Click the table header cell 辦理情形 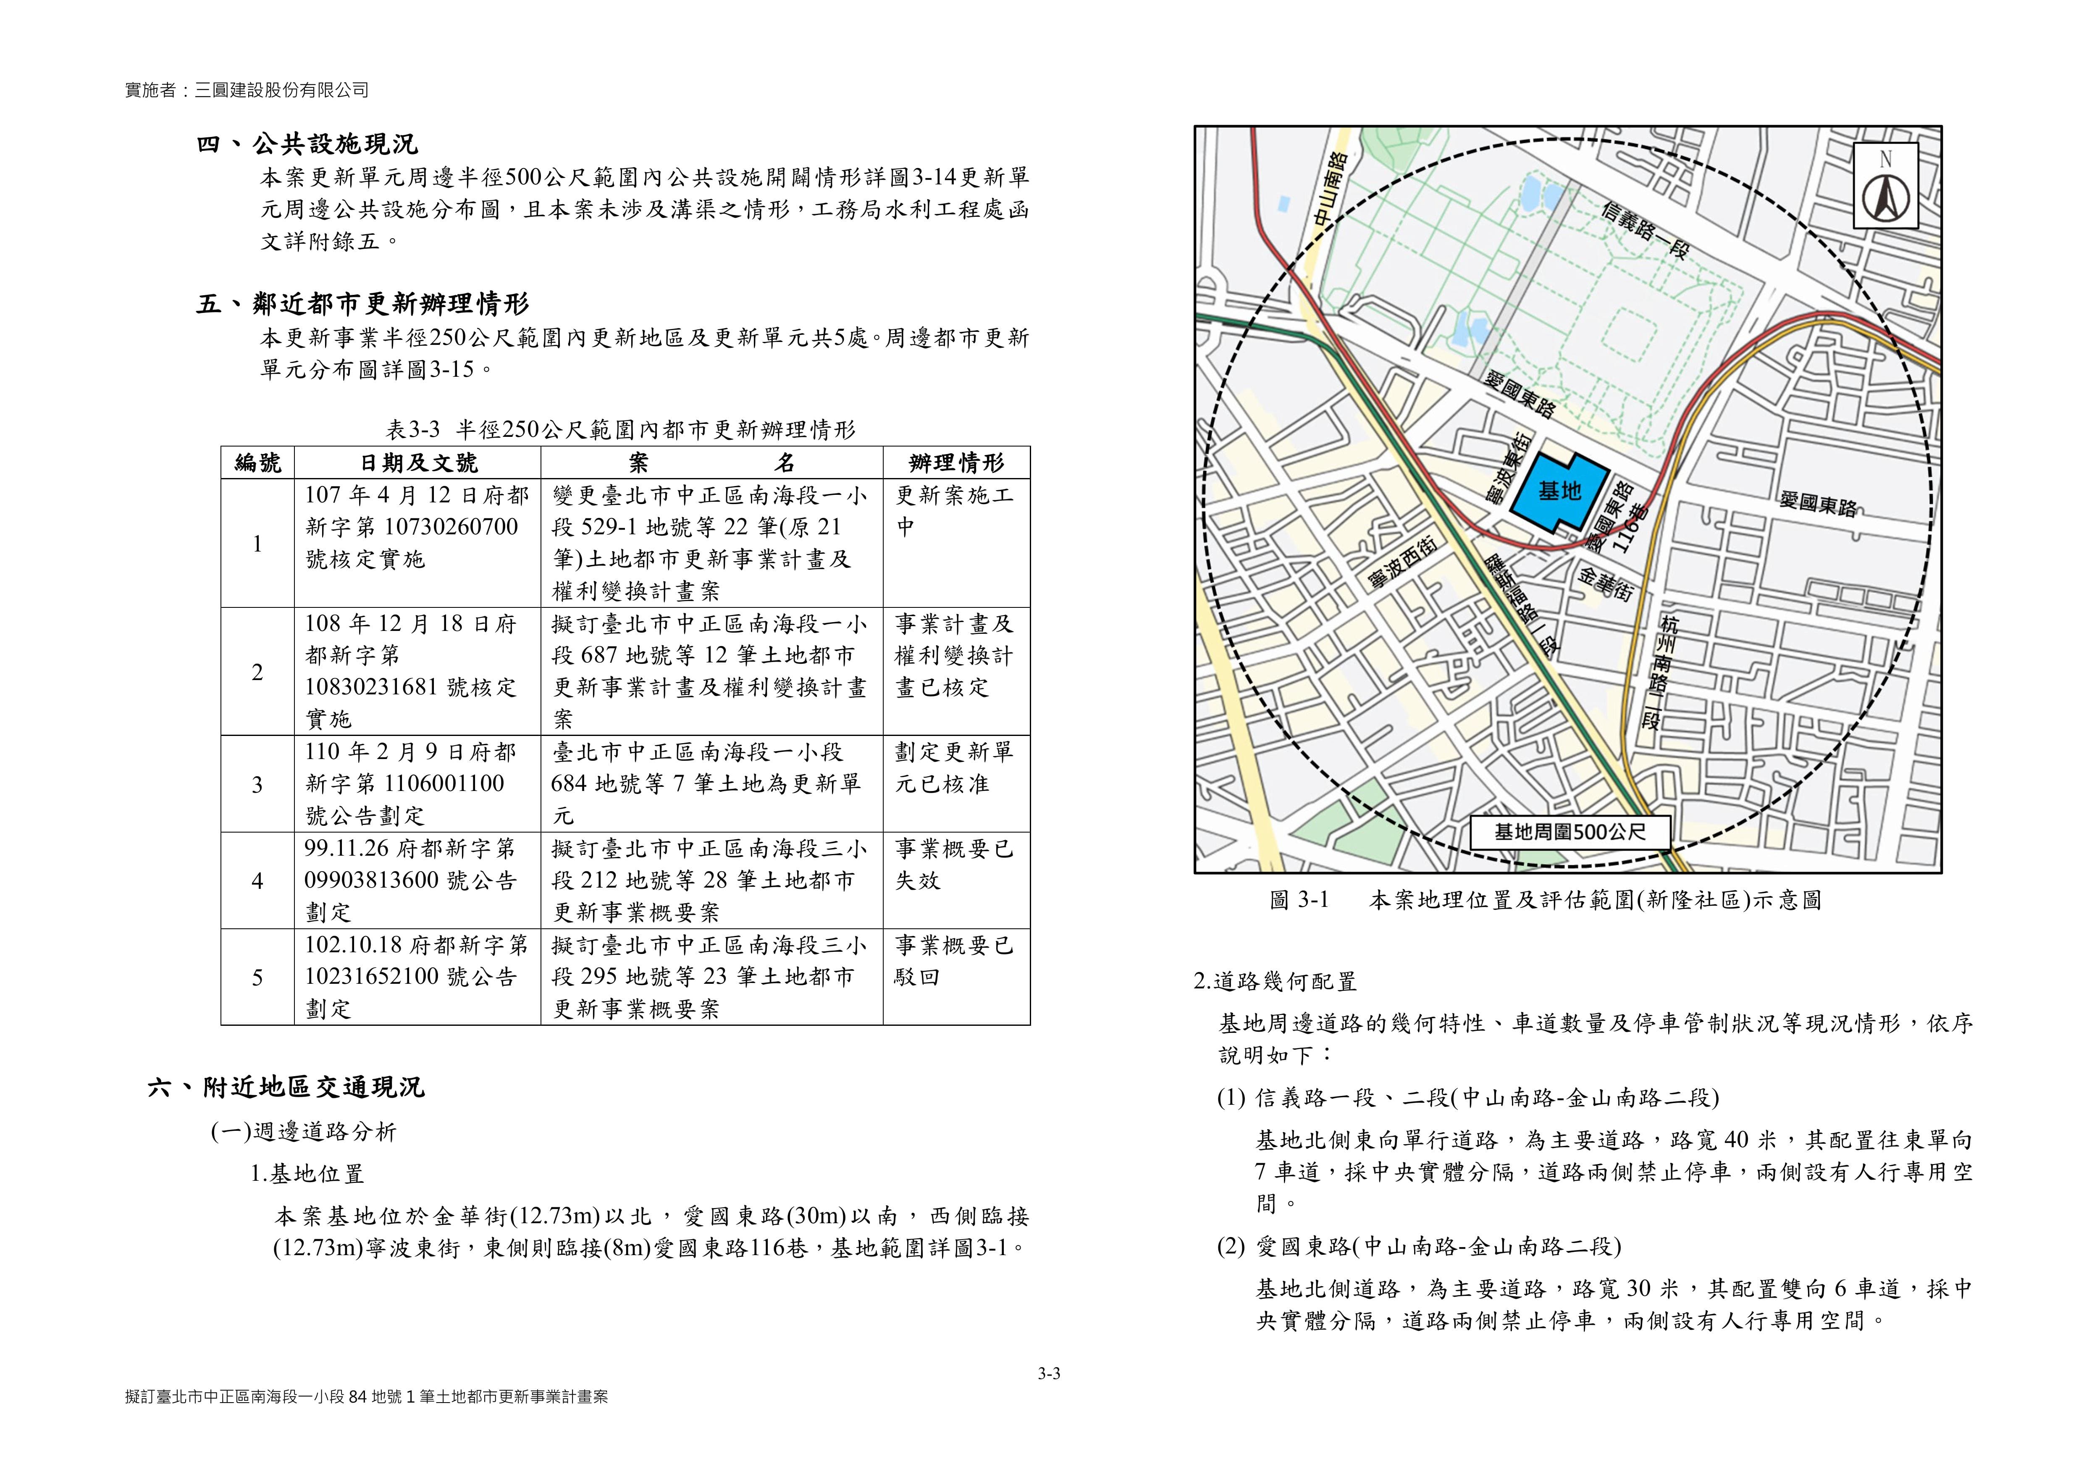[956, 463]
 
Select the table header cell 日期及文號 [417, 463]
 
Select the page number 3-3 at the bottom [1049, 1373]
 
